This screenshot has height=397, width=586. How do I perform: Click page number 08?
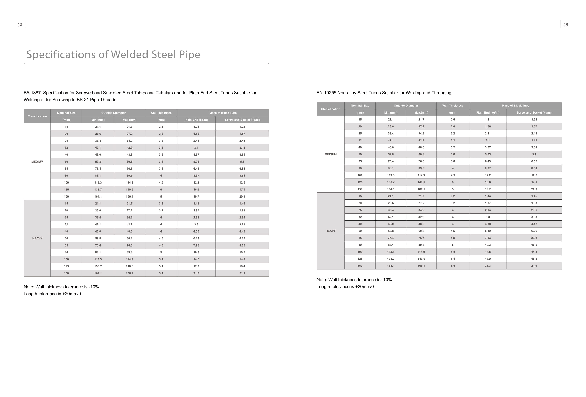click(20, 25)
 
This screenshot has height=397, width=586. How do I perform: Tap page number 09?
click(566, 25)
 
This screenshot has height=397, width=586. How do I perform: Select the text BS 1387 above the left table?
click(32, 93)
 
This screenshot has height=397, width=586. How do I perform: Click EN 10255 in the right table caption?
click(326, 93)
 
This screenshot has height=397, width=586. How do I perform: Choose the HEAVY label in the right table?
click(331, 231)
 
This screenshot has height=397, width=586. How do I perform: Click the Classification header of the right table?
click(331, 109)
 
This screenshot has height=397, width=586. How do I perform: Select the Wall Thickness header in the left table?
click(161, 113)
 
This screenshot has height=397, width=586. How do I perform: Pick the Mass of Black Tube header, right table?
click(515, 105)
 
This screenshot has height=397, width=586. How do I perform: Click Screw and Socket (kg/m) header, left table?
click(242, 120)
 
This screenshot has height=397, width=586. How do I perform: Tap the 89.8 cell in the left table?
click(129, 252)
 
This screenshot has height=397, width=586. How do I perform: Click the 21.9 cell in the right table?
click(534, 266)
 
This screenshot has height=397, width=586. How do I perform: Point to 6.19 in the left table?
click(196, 238)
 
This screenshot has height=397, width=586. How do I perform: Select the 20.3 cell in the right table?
click(534, 189)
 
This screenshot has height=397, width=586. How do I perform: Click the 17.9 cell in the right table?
click(488, 259)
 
